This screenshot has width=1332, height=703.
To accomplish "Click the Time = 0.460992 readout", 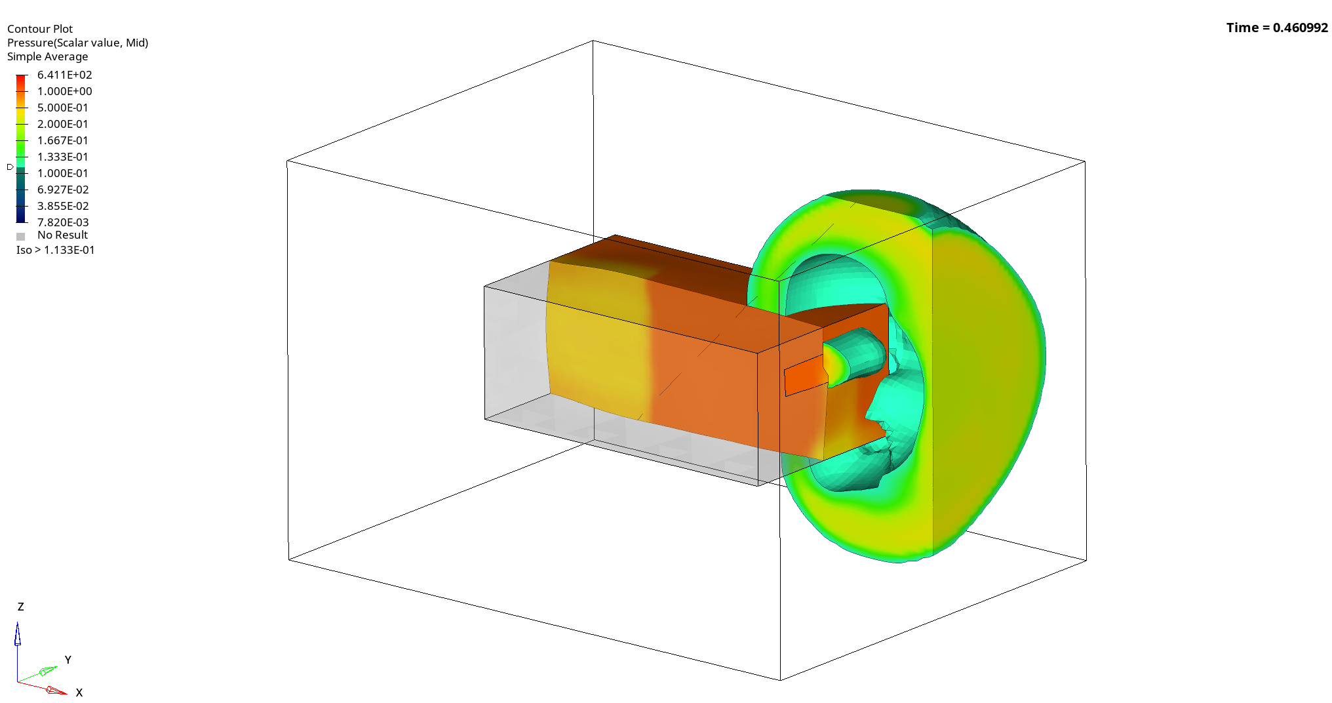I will pos(1276,28).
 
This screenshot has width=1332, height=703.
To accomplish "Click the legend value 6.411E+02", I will pos(64,75).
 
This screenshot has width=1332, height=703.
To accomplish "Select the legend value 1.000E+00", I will pos(64,91).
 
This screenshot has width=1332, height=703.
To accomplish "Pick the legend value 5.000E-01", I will pos(62,108).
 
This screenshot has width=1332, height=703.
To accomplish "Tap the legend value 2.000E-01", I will pos(62,124).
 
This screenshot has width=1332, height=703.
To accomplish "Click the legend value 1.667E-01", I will pos(62,140).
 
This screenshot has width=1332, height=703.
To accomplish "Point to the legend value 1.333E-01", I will pos(62,157).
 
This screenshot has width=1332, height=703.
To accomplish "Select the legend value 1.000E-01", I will pos(62,173).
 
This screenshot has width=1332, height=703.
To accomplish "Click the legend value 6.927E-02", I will pos(62,190).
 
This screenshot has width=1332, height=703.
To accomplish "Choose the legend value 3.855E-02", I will pos(62,206).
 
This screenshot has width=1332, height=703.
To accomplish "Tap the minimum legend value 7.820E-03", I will pos(62,222).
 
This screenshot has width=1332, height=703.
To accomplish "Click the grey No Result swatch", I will pos(21,236).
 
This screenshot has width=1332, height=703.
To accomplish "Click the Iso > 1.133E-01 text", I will pos(56,250).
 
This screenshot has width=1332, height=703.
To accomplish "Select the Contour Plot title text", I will pos(40,29).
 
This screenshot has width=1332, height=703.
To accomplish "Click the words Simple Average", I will pos(47,56).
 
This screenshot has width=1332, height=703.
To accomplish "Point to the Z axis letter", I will pos(21,607).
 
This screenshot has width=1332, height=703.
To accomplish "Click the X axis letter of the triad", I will pos(79,693).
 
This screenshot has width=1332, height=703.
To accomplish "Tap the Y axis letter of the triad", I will pos(68,660).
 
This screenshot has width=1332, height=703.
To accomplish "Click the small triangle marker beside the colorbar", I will pos(10,167).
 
